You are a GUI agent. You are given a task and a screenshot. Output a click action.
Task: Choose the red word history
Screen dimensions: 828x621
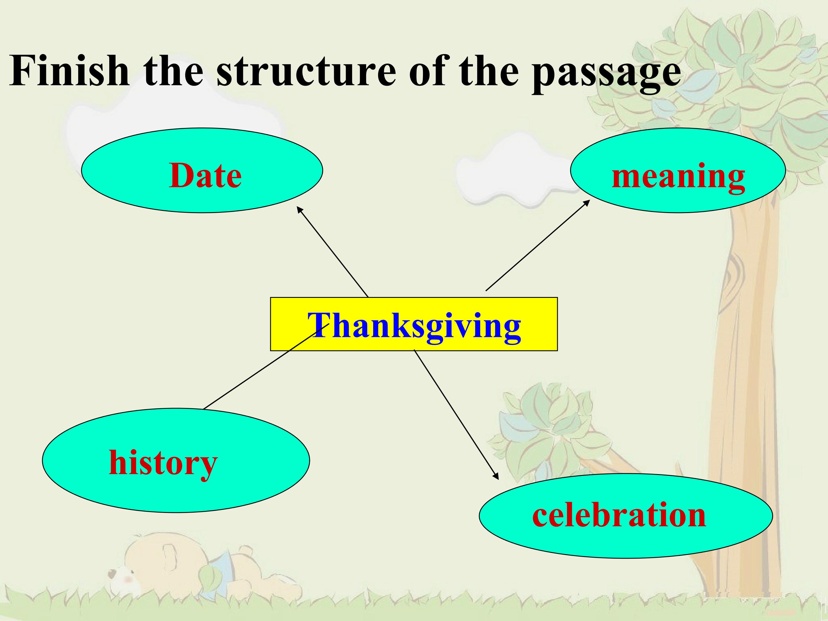[x=163, y=463]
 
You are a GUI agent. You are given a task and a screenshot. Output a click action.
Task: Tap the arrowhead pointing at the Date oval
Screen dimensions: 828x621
[x=300, y=209]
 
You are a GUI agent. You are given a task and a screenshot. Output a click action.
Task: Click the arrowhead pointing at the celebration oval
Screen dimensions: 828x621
[x=496, y=476]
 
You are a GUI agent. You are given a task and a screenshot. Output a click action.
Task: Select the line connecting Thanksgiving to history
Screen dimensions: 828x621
[x=266, y=366]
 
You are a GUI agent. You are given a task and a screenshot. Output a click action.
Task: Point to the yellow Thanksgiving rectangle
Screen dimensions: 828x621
[x=414, y=324]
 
